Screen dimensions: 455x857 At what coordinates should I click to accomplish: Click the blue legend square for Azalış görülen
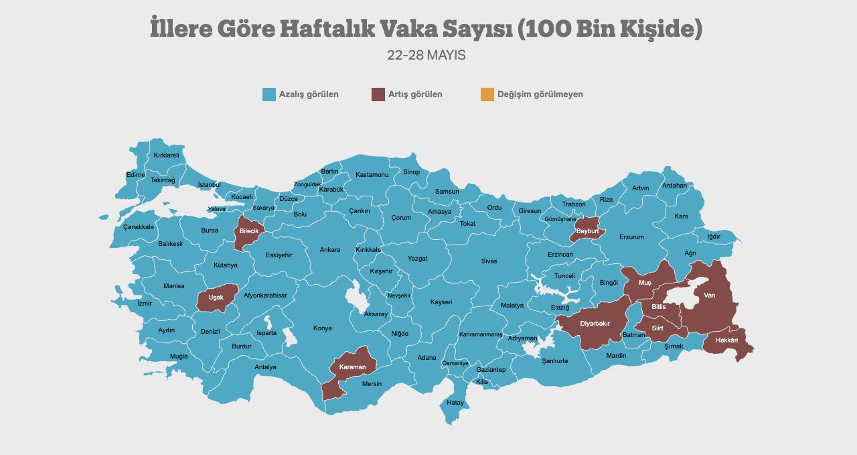coord(269,94)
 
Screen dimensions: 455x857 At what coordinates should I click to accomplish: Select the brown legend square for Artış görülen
coord(378,94)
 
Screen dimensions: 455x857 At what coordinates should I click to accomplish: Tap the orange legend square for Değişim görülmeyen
coord(487,94)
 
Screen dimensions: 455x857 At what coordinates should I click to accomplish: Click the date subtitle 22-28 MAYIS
coord(426,55)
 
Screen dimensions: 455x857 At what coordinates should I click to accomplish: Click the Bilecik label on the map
coord(248,231)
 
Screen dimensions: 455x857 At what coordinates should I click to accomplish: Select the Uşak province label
coord(216,298)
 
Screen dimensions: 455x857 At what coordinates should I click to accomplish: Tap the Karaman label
coord(352,367)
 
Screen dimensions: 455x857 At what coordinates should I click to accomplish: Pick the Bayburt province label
coord(587,231)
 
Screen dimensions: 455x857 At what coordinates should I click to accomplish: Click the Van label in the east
coord(709,296)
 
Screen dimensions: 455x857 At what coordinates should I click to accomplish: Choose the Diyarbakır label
coord(595,324)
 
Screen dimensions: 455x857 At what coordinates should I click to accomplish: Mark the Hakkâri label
coord(726,340)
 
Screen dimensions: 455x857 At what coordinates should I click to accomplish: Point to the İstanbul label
coord(209,185)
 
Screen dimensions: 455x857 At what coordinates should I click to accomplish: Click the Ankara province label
coord(329,250)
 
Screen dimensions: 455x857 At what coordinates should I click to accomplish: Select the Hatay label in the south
coord(455,403)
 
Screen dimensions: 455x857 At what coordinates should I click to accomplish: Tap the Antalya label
coord(265,367)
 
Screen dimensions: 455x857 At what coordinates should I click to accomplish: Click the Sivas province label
coord(489,261)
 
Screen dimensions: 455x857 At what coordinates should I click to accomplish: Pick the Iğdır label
coord(714,237)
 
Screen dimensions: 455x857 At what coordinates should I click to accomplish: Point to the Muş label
coord(644,283)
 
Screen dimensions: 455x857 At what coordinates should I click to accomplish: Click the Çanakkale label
coord(139,227)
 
